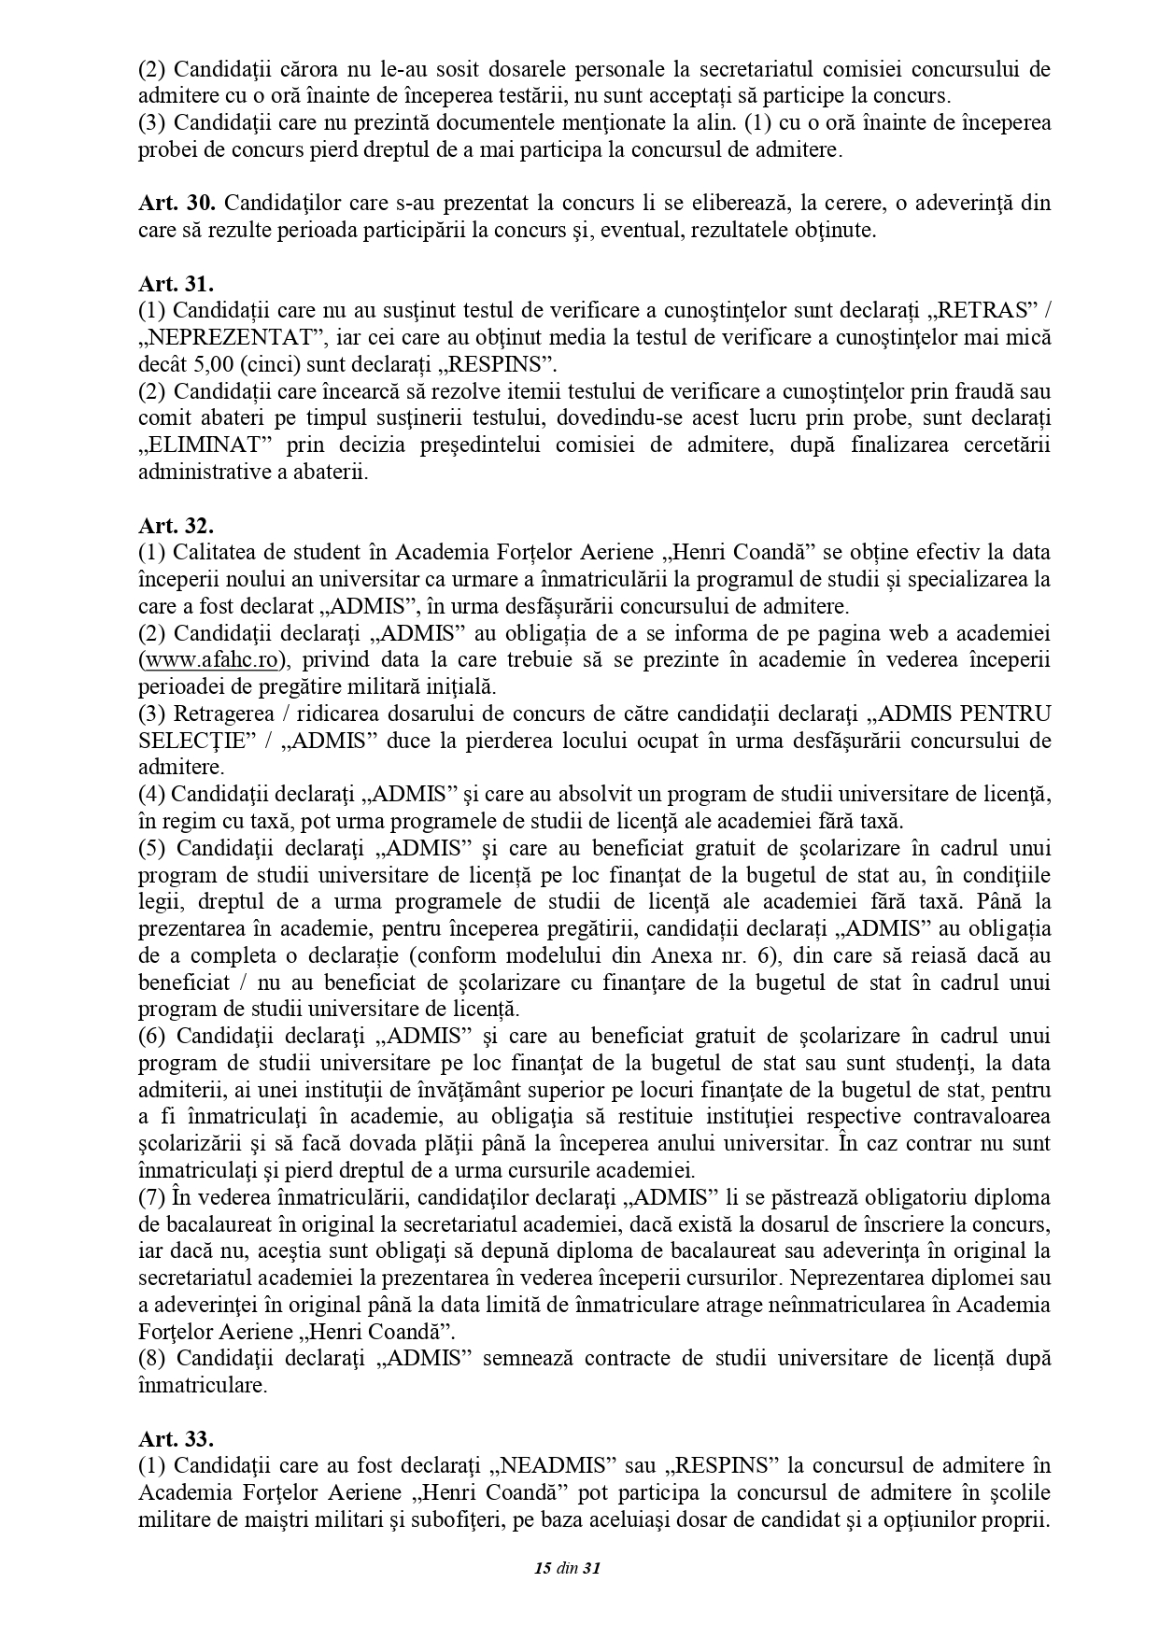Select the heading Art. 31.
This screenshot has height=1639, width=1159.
(x=177, y=285)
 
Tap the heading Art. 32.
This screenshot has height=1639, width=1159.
(x=177, y=527)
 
